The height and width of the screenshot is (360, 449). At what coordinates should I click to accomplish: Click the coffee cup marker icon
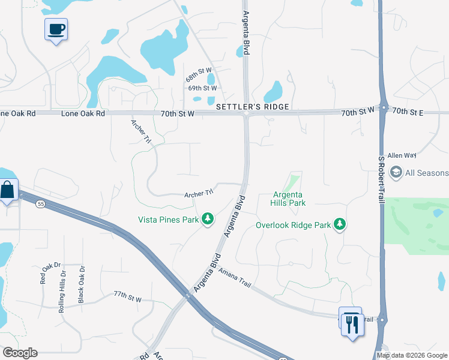pyautogui.click(x=56, y=29)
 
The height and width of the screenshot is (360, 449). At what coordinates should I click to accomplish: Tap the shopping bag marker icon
pyautogui.click(x=8, y=191)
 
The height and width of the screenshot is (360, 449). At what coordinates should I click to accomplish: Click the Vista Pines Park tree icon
pyautogui.click(x=208, y=219)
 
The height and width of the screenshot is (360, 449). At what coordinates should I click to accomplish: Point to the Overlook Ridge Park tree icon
pyautogui.click(x=340, y=224)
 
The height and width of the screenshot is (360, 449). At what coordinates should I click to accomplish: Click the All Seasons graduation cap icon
pyautogui.click(x=396, y=173)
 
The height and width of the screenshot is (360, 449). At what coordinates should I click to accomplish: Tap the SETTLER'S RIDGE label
pyautogui.click(x=253, y=107)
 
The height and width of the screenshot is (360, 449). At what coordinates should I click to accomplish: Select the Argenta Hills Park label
pyautogui.click(x=289, y=199)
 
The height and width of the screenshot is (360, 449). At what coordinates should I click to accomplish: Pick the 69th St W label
pyautogui.click(x=202, y=88)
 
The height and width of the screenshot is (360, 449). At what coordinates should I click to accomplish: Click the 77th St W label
pyautogui.click(x=127, y=297)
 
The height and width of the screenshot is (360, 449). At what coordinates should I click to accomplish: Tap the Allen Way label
pyautogui.click(x=402, y=155)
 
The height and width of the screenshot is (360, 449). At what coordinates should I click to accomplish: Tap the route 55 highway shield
pyautogui.click(x=40, y=204)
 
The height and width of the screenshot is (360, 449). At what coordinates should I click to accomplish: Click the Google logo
pyautogui.click(x=20, y=353)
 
